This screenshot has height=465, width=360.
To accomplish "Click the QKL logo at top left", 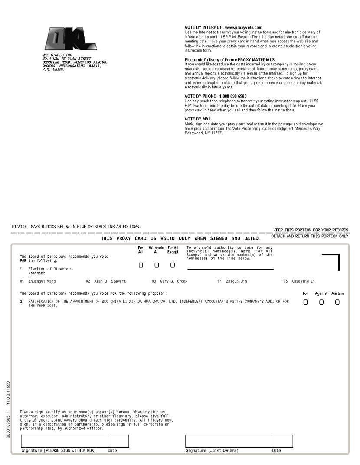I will [x=71, y=39].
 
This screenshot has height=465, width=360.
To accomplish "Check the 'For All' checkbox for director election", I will [x=141, y=265].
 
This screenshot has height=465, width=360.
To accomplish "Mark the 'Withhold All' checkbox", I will [x=157, y=265].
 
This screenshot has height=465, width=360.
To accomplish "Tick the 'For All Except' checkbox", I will [x=173, y=265].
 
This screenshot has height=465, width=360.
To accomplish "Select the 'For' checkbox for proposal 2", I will [x=305, y=302].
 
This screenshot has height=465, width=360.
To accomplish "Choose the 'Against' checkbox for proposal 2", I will [x=321, y=302].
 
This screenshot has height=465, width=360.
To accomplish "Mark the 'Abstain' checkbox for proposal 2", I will [x=337, y=302].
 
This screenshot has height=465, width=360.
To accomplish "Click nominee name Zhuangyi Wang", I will [x=42, y=282].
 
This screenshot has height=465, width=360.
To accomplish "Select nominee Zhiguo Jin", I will [x=236, y=282].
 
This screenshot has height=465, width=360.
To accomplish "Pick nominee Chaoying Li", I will [x=303, y=282].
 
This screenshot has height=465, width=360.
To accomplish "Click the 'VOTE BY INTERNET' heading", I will [x=223, y=27].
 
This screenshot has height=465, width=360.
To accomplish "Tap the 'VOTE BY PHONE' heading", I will [x=216, y=96].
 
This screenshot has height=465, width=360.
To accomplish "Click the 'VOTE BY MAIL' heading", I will [x=198, y=119].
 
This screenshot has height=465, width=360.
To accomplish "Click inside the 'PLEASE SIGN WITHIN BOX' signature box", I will [x=64, y=441].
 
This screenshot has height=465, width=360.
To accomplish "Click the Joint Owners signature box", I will [x=228, y=441].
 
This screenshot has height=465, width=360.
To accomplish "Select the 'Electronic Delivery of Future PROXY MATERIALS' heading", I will [x=229, y=60].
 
